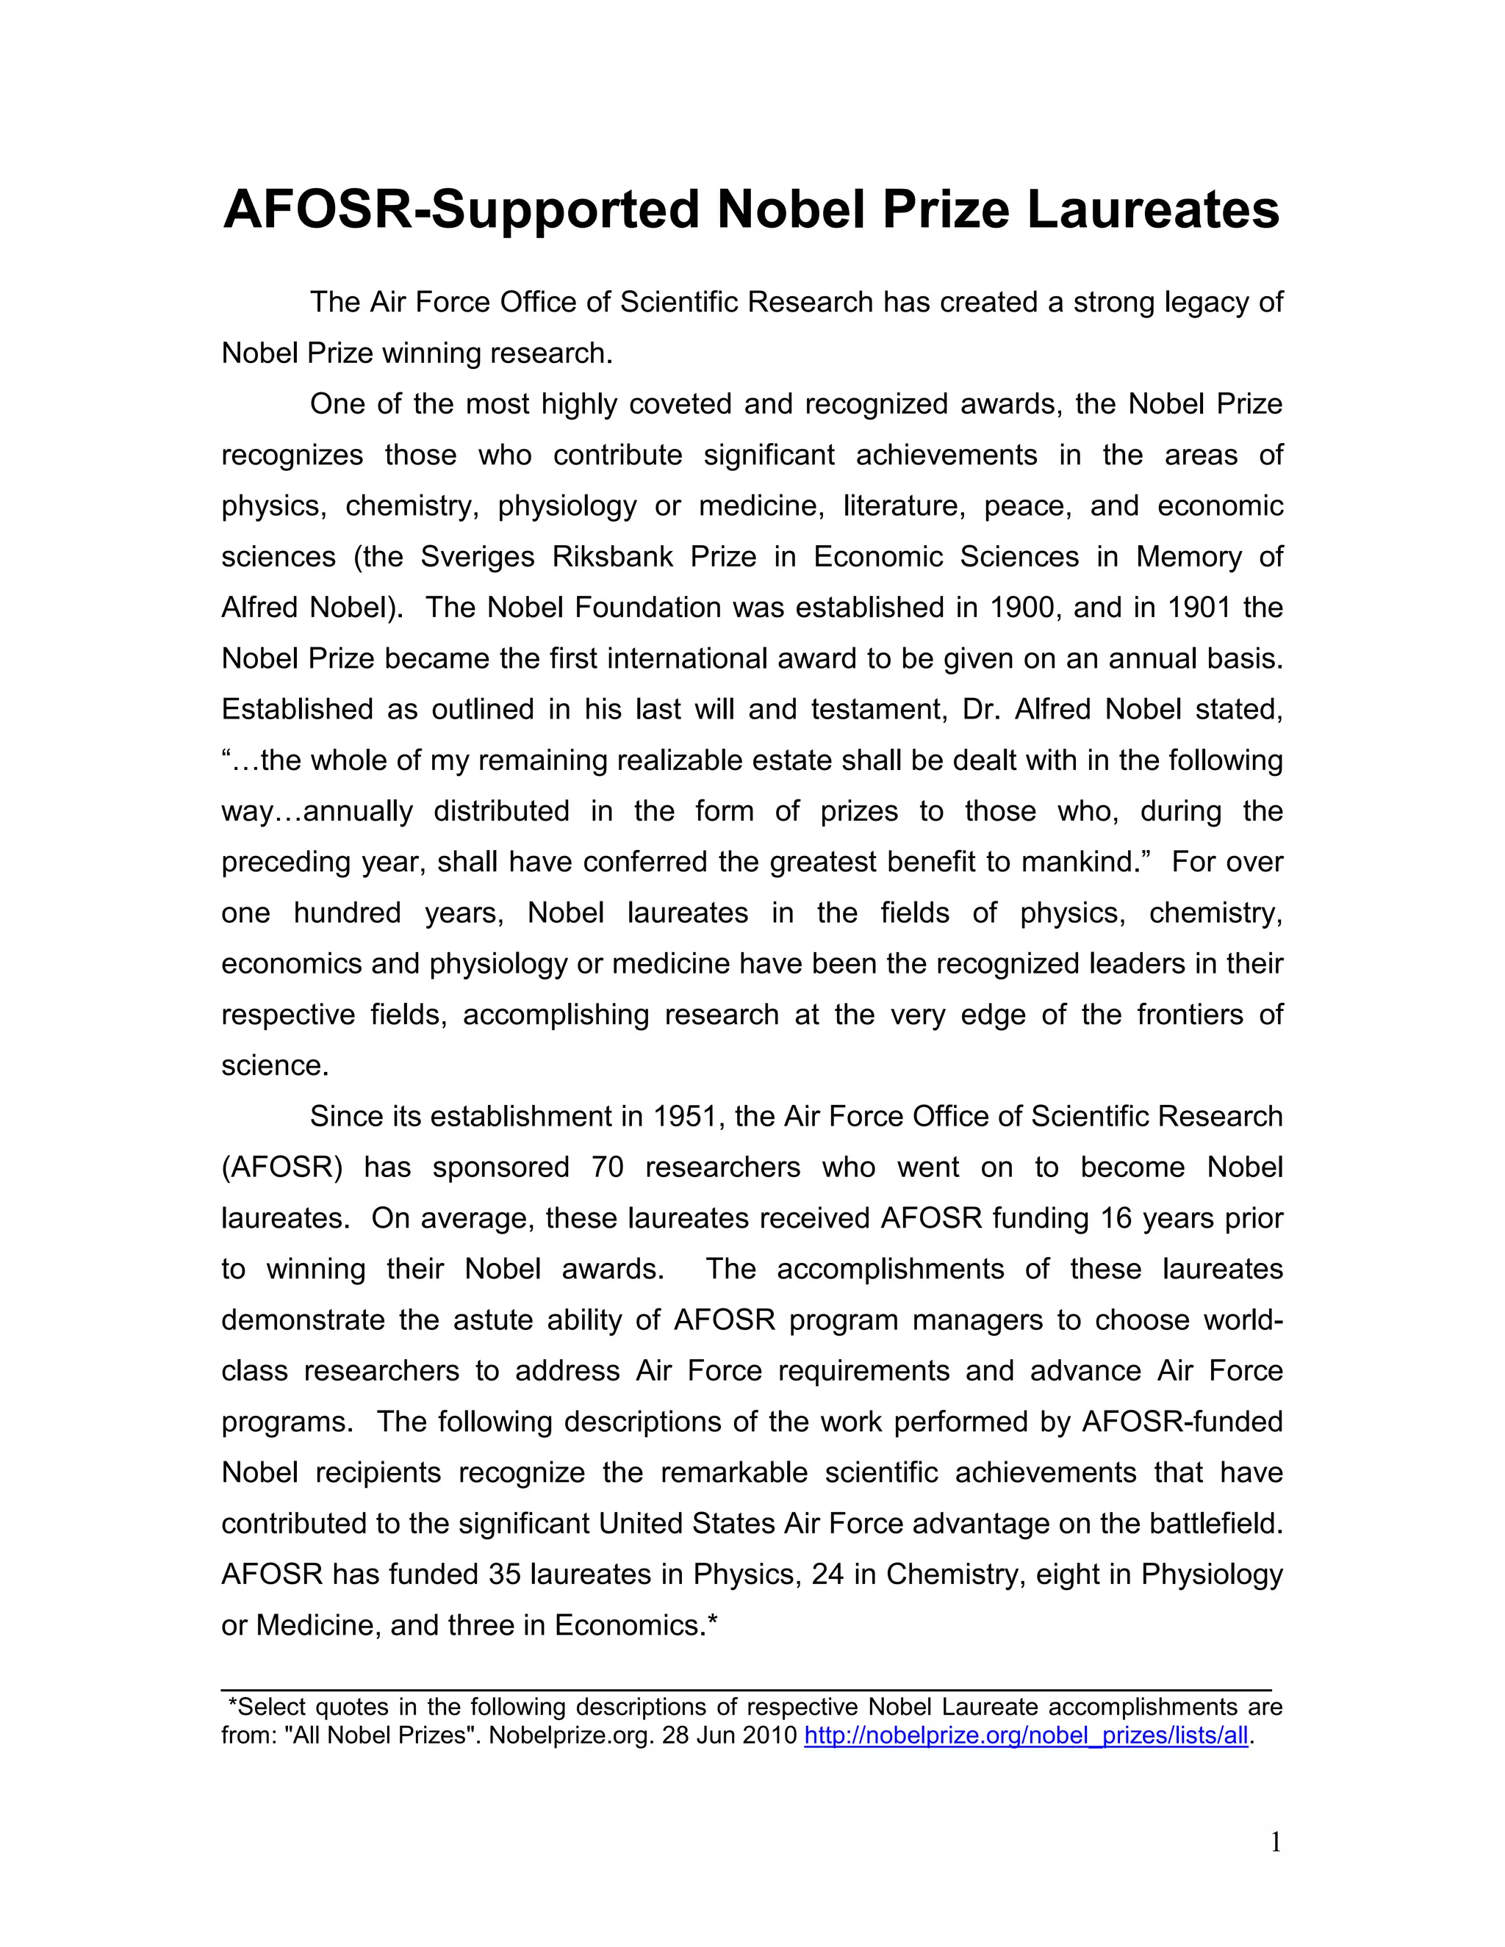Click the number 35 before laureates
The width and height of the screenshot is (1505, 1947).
[505, 1574]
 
